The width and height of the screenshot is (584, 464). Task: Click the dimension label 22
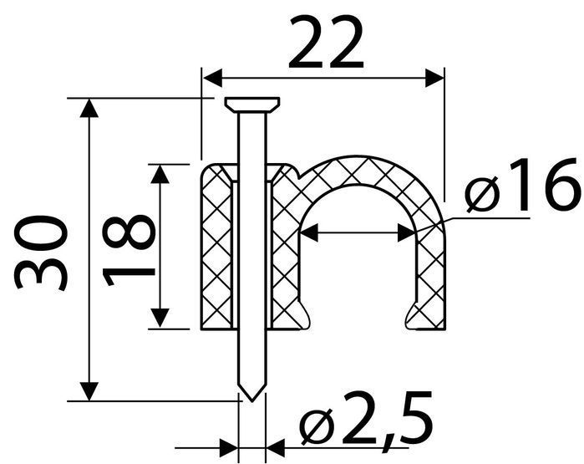click(x=326, y=43)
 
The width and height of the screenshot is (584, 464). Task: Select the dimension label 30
click(x=41, y=252)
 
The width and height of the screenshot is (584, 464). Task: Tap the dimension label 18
click(x=129, y=250)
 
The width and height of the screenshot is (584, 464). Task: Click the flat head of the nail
click(x=252, y=105)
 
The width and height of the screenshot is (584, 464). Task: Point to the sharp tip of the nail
click(x=252, y=400)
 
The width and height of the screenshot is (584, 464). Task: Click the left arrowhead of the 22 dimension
click(x=212, y=78)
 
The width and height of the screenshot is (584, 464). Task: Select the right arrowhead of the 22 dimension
click(x=434, y=78)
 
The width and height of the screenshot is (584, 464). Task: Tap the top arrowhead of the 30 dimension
click(x=89, y=108)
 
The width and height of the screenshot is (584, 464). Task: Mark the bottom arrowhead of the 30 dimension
click(x=89, y=391)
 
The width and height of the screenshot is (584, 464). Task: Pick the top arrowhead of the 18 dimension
click(x=160, y=174)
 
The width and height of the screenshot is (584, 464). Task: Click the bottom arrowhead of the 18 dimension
click(x=160, y=319)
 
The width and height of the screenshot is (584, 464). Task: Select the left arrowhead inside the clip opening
click(x=309, y=233)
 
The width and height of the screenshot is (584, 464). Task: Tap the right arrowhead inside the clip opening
click(x=407, y=233)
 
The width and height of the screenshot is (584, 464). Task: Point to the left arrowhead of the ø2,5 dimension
click(x=229, y=447)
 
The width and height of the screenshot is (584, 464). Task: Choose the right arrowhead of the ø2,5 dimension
click(x=276, y=447)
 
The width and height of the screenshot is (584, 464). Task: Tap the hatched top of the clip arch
click(x=357, y=171)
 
